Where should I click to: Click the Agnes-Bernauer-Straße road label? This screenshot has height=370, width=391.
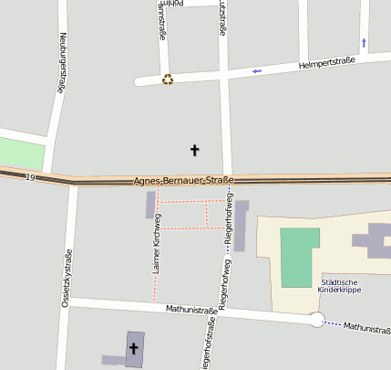coord(183,181)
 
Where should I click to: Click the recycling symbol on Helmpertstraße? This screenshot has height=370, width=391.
coord(167,79)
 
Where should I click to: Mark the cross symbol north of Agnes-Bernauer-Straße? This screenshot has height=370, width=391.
coord(193,149)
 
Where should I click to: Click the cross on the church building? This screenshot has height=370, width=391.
coord(134,347)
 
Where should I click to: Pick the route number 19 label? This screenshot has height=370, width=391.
coord(31,176)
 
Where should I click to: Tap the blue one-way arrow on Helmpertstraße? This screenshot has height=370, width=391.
coord(257,70)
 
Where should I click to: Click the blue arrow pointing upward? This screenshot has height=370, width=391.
coord(365,42)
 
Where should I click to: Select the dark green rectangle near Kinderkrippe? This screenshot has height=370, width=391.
coord(299,257)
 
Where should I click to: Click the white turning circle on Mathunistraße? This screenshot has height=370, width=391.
coord(316,320)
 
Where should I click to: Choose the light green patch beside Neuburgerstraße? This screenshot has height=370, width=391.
coord(21,153)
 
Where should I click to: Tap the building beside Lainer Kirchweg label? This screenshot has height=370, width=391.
coord(150,206)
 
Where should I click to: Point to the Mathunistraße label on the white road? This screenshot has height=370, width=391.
coord(190,311)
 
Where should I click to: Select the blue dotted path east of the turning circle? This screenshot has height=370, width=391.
coord(335,323)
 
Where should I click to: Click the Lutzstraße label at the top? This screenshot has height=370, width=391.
coord(221,18)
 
